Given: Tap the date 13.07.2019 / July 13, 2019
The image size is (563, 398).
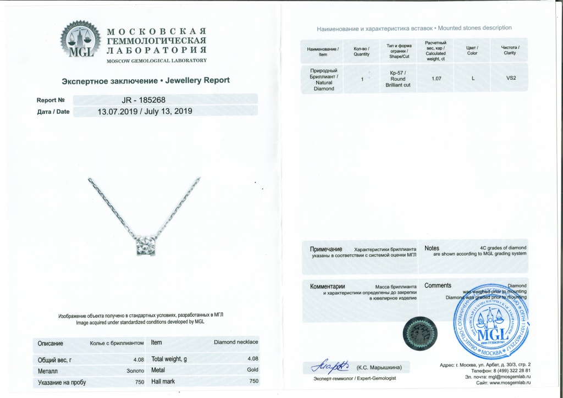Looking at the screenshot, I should point(145,111).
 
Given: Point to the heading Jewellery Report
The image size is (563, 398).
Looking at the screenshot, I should point(146,80).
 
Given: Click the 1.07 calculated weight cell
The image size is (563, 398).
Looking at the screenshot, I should point(437,79).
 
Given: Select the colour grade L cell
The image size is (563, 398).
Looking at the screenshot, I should point(473,79).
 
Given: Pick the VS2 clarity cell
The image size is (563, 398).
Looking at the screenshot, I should point(511,79).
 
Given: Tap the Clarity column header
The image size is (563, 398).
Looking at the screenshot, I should point(510,51).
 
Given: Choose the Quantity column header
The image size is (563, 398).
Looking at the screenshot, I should point(362,51).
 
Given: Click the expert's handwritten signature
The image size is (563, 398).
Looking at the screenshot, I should point(328,366).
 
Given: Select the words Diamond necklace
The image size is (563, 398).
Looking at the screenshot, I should point(236,342).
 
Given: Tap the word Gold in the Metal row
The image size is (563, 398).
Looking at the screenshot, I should point(252,371).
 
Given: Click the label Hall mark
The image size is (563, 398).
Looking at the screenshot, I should point(163,381).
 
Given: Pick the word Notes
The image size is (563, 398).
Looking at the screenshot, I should point(432,248).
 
